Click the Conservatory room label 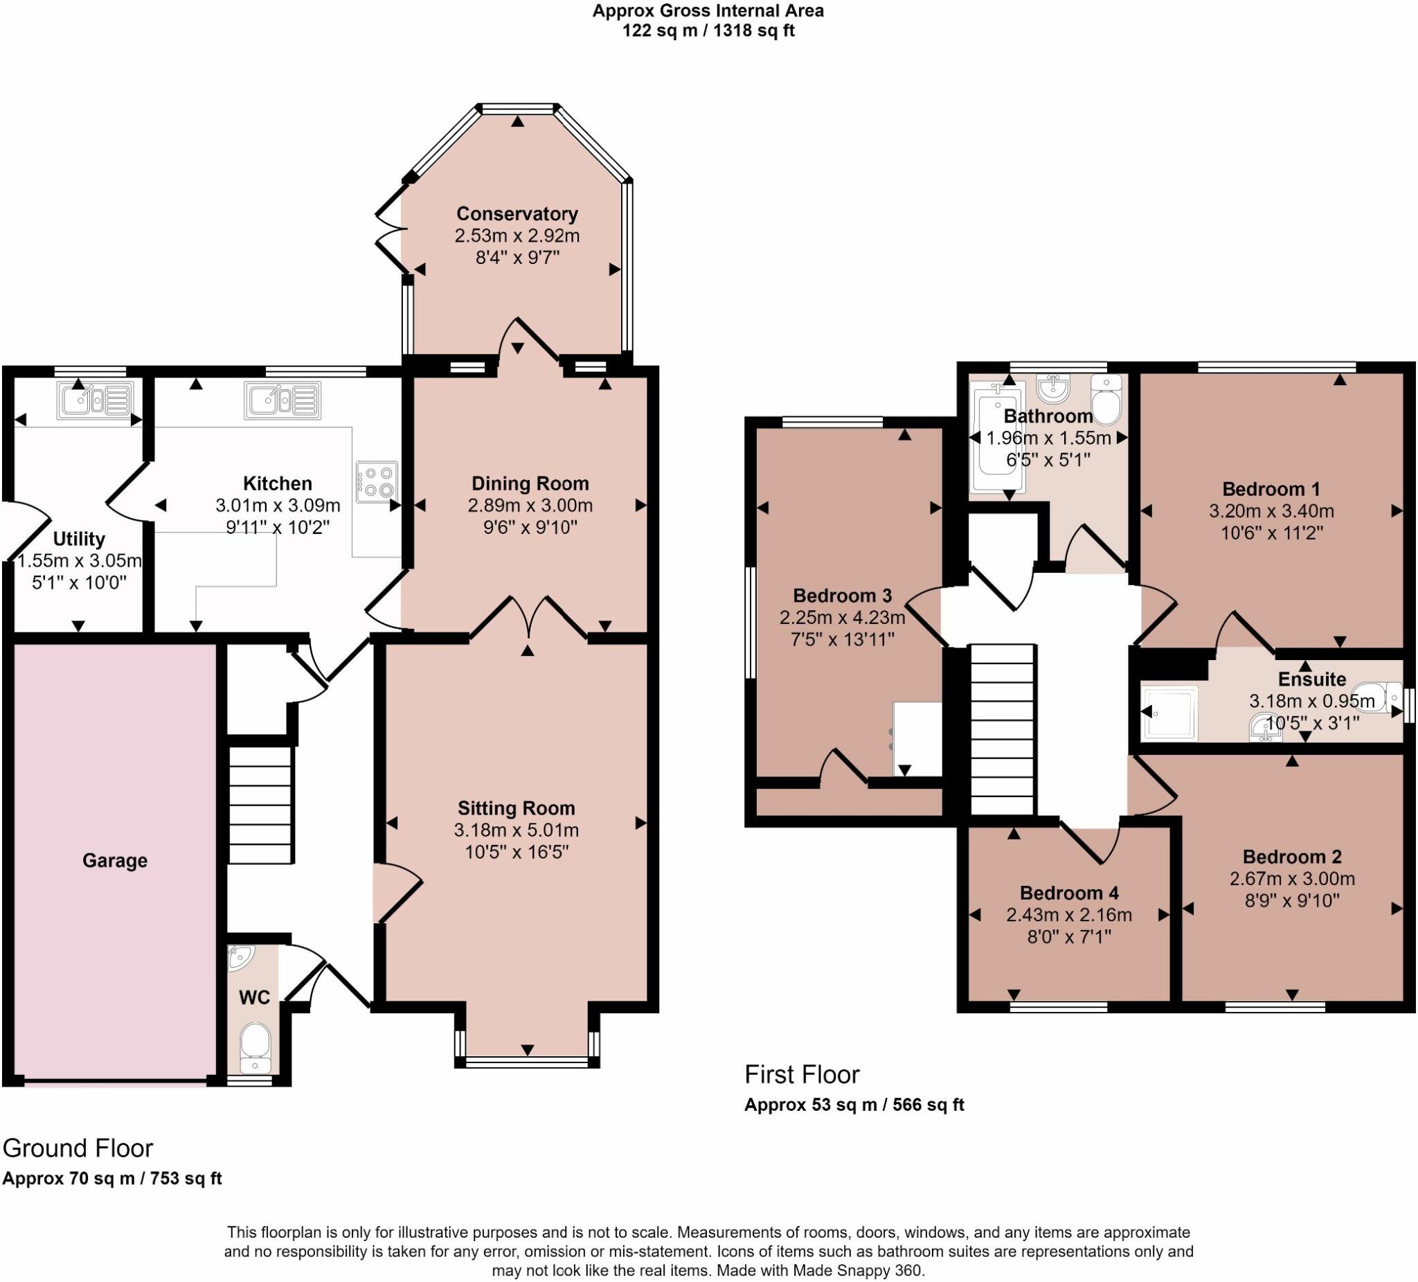[517, 213]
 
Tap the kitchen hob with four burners [377, 481]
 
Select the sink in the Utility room [95, 400]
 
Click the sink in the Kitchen [282, 400]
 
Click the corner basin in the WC [240, 958]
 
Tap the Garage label [115, 860]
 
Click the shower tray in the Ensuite [1169, 713]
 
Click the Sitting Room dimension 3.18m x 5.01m [517, 830]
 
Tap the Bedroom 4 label [1069, 893]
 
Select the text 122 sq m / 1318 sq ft [708, 31]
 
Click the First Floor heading [802, 1074]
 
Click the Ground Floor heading [78, 1148]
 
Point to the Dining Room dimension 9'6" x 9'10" [530, 527]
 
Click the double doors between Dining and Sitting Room [528, 619]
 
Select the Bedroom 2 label [1292, 856]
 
